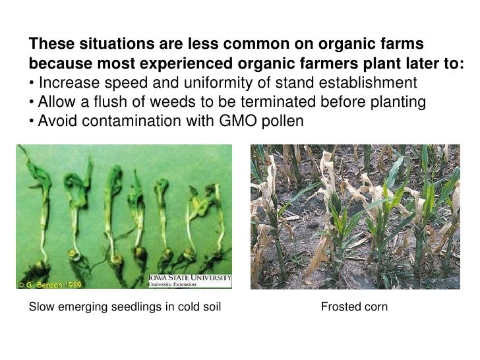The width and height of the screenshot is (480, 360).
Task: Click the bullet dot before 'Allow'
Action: (31, 104)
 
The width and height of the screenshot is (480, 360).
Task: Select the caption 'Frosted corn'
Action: (353, 307)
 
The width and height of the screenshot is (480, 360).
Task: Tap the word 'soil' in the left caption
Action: (210, 307)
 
